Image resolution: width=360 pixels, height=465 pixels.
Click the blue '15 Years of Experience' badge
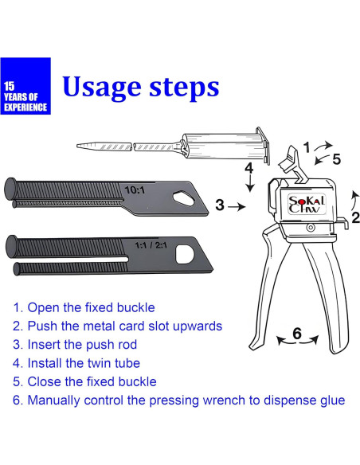pyautogui.click(x=25, y=86)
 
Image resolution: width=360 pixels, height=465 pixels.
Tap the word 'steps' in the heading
pyautogui.click(x=184, y=87)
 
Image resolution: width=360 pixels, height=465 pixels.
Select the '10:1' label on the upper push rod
pyautogui.click(x=135, y=190)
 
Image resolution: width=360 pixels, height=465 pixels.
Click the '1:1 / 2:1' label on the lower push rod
pyautogui.click(x=151, y=245)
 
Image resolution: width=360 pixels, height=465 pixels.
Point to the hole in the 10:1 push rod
pyautogui.click(x=182, y=197)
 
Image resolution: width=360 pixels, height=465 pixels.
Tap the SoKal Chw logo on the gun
pyautogui.click(x=307, y=204)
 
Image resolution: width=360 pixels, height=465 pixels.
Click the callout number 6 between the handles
pyautogui.click(x=297, y=334)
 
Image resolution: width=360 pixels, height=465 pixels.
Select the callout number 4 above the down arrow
pyautogui.click(x=249, y=169)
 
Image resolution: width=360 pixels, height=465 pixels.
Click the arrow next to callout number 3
pyautogui.click(x=237, y=206)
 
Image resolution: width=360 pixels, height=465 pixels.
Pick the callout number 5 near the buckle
pyautogui.click(x=337, y=159)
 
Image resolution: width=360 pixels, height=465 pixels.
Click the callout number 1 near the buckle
pyautogui.click(x=307, y=147)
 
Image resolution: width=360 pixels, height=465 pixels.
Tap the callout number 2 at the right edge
pyautogui.click(x=355, y=217)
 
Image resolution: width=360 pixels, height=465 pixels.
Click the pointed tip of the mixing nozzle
pyautogui.click(x=78, y=146)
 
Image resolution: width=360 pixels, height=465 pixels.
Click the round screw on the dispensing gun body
pyautogui.click(x=311, y=228)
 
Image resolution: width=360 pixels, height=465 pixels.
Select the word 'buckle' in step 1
pyautogui.click(x=135, y=307)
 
